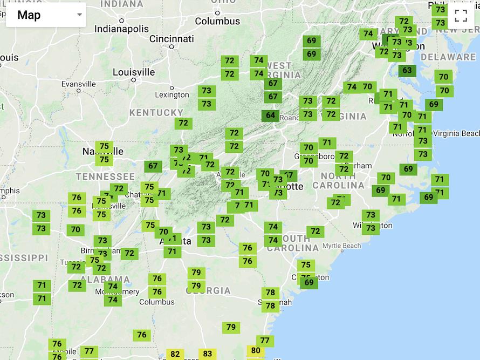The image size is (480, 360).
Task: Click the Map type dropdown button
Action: [45, 15]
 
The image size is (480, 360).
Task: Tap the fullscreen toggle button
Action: [461, 15]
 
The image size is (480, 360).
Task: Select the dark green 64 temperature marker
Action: [270, 115]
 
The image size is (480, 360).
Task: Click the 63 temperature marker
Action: [407, 70]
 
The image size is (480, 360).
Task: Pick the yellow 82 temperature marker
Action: [175, 354]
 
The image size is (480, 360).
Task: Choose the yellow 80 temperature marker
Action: [256, 351]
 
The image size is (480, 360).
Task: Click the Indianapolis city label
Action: [122, 29]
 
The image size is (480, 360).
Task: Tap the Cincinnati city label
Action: [172, 39]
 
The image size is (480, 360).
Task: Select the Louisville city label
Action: [134, 72]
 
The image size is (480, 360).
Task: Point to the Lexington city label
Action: [172, 95]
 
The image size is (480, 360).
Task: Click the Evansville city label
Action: [78, 84]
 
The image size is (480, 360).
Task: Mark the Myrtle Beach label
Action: [341, 246]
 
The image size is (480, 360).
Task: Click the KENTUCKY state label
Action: [156, 113]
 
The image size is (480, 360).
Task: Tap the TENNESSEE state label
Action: [105, 176]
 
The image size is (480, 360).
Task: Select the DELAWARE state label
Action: [448, 57]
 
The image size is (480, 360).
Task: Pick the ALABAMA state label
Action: [105, 280]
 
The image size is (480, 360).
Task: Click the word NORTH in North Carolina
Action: [338, 176]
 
